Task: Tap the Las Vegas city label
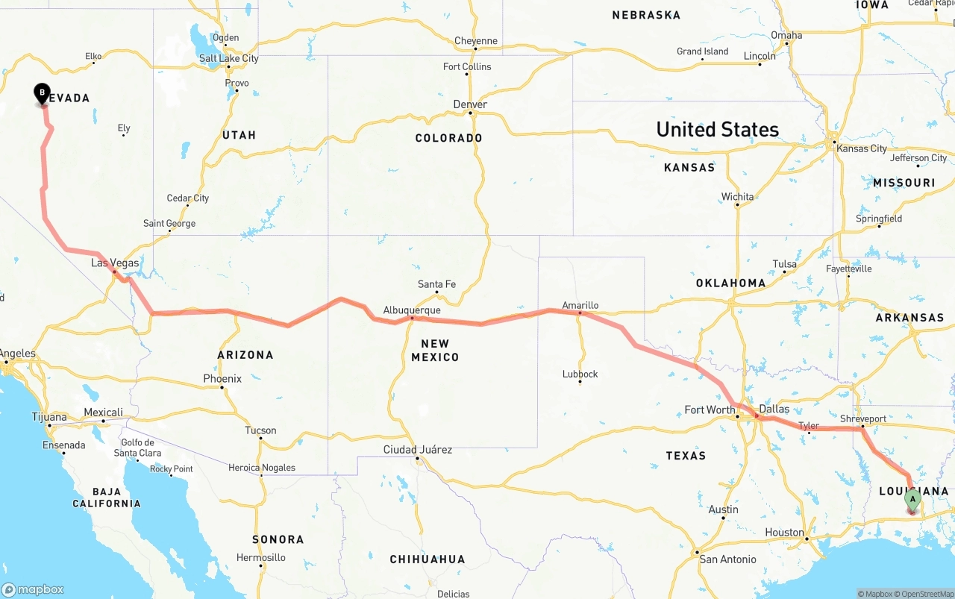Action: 115,263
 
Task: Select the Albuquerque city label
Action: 412,310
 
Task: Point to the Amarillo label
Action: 580,305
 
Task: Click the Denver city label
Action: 470,104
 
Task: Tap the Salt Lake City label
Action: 228,58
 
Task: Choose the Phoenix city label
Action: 222,379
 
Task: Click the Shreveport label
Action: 862,419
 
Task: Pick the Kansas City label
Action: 862,148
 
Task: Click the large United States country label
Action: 717,130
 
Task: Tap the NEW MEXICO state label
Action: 435,351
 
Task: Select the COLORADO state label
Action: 448,138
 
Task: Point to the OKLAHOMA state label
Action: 730,283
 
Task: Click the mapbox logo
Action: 33,589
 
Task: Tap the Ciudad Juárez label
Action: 417,450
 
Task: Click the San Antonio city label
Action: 727,559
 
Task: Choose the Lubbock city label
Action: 580,374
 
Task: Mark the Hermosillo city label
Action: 260,558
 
